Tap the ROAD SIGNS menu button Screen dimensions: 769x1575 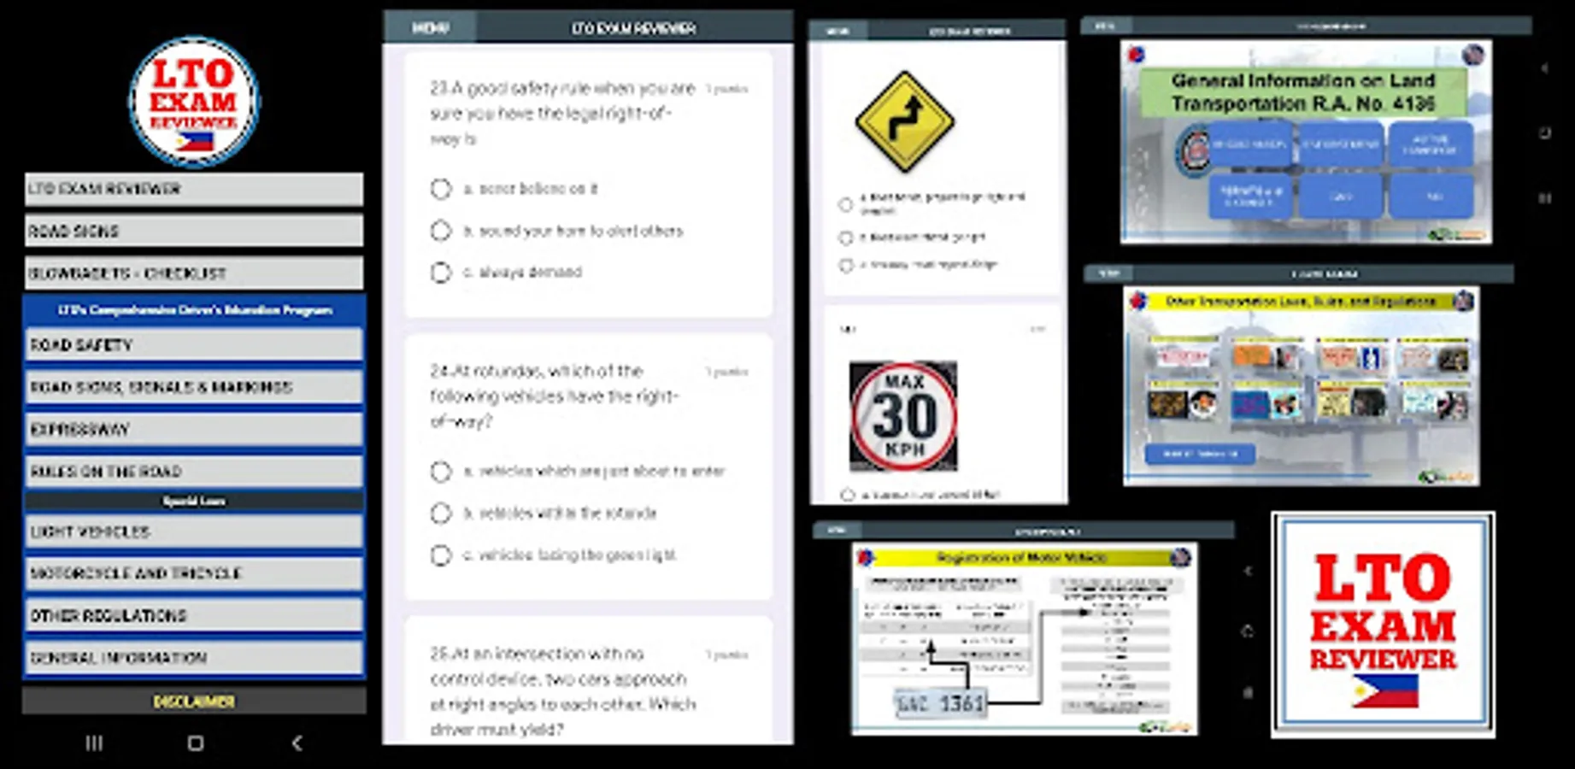(x=193, y=231)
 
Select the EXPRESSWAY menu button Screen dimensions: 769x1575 (x=193, y=429)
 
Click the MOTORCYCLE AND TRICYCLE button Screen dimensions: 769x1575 (x=193, y=573)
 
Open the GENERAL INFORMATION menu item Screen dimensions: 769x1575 (x=193, y=658)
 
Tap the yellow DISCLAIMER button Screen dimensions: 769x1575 (x=194, y=701)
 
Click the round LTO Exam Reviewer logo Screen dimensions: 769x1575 (x=194, y=101)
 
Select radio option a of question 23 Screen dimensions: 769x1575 (x=441, y=189)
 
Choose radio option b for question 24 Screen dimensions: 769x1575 (x=441, y=514)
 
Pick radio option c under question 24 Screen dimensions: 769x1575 (x=441, y=555)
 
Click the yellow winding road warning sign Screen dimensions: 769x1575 (x=904, y=122)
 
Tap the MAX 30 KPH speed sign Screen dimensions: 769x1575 (x=903, y=416)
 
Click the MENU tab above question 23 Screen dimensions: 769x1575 (x=430, y=28)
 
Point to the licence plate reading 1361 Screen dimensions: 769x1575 (x=940, y=703)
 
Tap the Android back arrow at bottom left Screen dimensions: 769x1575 (x=297, y=743)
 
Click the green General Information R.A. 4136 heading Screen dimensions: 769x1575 (x=1302, y=92)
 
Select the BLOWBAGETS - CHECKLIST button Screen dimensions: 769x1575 (x=193, y=273)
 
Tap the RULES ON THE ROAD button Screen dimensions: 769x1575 (x=193, y=472)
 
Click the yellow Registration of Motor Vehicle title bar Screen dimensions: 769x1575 (x=1022, y=558)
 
